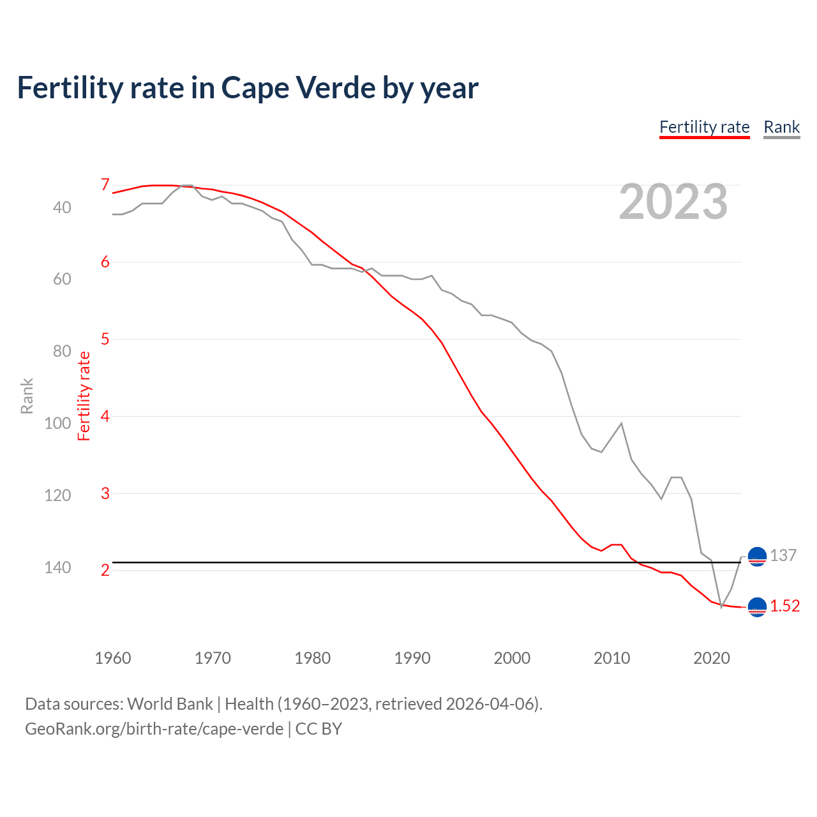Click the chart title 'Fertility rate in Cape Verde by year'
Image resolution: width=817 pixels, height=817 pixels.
pos(248,88)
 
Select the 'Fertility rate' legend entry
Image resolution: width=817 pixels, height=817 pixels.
pos(704,127)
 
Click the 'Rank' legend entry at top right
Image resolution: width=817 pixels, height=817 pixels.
pos(781,127)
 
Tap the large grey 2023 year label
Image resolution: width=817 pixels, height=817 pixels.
pos(673,202)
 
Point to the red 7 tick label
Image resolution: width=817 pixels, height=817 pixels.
pos(105,184)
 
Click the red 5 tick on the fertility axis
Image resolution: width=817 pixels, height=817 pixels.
pos(105,339)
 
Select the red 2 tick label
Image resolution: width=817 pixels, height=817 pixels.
pos(105,570)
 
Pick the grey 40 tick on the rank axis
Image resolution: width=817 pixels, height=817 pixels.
pos(62,207)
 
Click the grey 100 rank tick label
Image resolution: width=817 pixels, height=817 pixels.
pos(57,423)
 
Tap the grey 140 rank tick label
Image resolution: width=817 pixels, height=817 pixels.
pos(57,567)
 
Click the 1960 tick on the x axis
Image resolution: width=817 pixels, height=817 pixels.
pos(113,658)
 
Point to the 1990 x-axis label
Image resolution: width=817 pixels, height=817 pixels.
pos(412,658)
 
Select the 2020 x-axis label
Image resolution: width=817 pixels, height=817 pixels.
pos(712,658)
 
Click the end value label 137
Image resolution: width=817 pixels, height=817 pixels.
pos(783,555)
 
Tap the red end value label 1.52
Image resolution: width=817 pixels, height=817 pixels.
pos(784,606)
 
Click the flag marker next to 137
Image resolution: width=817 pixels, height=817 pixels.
pos(757,557)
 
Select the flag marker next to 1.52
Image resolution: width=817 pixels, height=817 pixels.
pos(757,607)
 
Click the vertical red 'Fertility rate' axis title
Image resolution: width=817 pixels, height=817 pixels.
pos(84,396)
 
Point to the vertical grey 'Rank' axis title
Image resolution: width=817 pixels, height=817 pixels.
pos(27,396)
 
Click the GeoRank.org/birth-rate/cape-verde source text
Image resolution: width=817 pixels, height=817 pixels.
pos(154,729)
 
